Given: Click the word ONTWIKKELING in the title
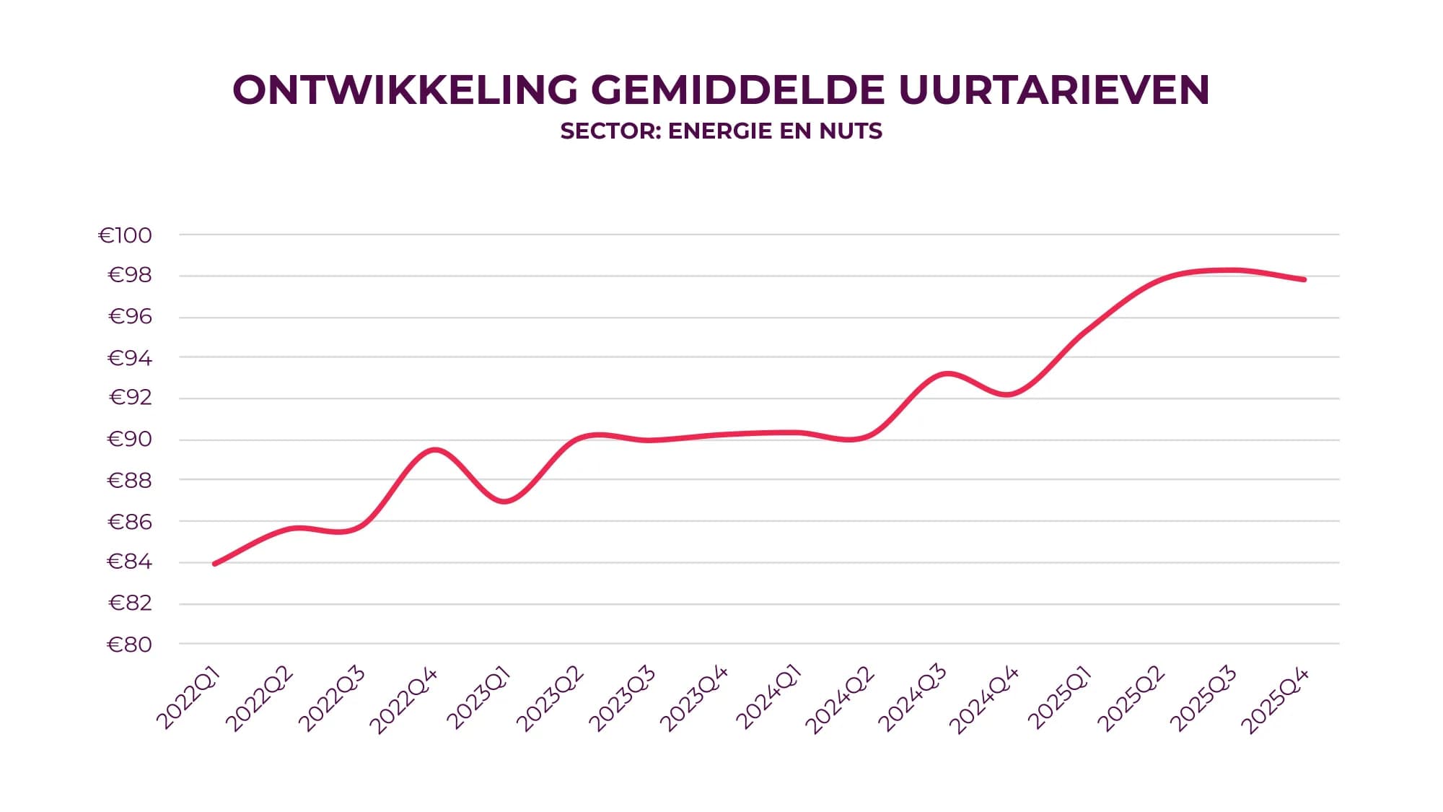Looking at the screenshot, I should pos(405,90).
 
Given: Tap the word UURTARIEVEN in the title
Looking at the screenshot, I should pos(1054,90).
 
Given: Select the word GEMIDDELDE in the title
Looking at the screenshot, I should pos(737,90).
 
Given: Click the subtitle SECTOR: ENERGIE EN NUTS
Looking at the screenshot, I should pos(721,131).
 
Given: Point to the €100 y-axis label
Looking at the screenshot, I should pos(126,235).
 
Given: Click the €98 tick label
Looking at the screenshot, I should pos(130,276).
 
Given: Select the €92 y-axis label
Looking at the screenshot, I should pos(130,398).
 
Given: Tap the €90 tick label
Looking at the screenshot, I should pos(130,440).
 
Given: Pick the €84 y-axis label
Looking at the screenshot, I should pos(130,562).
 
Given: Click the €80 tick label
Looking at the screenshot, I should pos(130,645).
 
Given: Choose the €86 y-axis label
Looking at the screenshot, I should pos(130,522).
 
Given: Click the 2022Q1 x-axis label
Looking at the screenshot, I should pos(189,699).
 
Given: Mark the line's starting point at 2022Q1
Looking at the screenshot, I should pos(215,564).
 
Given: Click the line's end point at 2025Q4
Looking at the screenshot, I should pos(1304,279).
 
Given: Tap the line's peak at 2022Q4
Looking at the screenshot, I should pos(434,450).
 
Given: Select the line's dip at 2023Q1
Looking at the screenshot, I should pos(505,501).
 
